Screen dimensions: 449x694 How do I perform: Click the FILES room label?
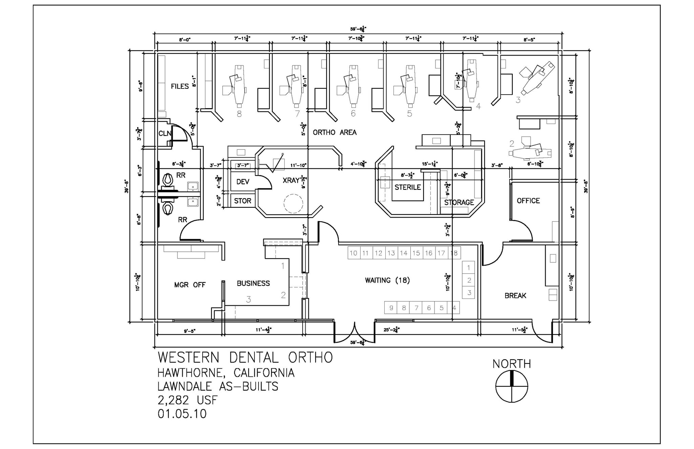click(x=180, y=86)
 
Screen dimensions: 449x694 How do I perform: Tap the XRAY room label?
click(x=291, y=181)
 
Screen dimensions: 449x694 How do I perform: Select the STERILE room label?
click(x=407, y=187)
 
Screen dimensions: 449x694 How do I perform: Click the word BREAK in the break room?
click(x=515, y=295)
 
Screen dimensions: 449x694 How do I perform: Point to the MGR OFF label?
click(x=190, y=285)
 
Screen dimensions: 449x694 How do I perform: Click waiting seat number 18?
click(x=454, y=253)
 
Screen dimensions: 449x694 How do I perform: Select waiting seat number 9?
click(x=391, y=308)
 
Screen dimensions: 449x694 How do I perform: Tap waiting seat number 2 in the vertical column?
click(x=469, y=280)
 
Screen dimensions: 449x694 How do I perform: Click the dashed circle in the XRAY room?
click(x=293, y=204)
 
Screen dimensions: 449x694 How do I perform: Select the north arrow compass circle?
click(x=512, y=386)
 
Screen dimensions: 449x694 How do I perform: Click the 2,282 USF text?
click(x=187, y=400)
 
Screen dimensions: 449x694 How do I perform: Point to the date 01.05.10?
click(x=182, y=414)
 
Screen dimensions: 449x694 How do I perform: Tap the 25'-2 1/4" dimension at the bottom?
click(x=392, y=329)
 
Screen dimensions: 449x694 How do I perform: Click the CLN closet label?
click(x=164, y=134)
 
